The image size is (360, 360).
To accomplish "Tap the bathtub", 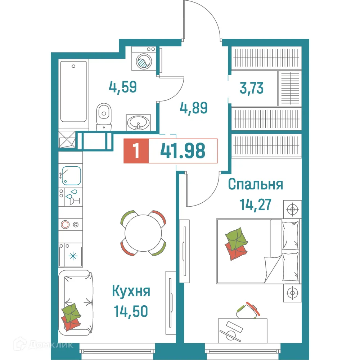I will [x=74, y=92].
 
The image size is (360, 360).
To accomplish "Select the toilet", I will [x=104, y=114].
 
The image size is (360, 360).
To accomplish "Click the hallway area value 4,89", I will [x=193, y=107].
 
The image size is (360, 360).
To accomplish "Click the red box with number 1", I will [x=136, y=151].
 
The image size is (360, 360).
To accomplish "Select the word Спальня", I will [x=256, y=185].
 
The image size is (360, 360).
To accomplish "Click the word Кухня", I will [x=131, y=291].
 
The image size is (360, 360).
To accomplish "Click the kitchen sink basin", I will [x=71, y=175].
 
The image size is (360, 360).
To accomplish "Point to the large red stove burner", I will [x=65, y=225].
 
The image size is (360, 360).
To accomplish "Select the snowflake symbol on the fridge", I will [x=73, y=256].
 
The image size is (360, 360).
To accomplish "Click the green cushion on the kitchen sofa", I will [x=71, y=310].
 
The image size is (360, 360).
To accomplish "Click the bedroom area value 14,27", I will [x=255, y=205].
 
